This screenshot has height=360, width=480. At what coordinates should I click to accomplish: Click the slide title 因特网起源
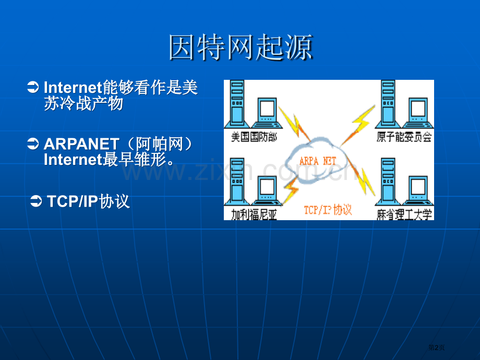point(240,47)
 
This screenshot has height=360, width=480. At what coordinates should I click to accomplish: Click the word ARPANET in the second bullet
point(81,144)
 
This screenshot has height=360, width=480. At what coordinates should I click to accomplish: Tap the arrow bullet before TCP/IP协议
point(37,201)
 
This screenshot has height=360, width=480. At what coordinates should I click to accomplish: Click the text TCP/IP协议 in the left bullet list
point(88,201)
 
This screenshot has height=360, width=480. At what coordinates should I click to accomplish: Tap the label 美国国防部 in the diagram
point(253,137)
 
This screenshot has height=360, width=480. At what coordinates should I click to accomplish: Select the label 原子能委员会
point(404,137)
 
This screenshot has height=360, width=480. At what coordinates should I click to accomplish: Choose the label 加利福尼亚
point(253,214)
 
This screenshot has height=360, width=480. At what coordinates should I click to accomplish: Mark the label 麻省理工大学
point(405,214)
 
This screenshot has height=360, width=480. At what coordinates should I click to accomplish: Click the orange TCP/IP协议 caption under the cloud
point(328,210)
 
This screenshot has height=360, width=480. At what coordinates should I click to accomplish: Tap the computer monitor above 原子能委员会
point(418,111)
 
